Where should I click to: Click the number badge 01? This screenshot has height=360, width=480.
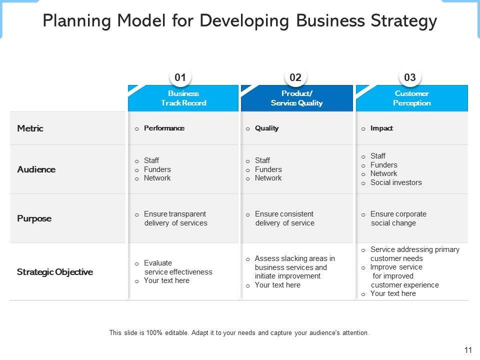coord(180,77)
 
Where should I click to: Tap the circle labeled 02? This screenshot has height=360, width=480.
coord(295,77)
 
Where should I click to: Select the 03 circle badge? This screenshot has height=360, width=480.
coord(410,77)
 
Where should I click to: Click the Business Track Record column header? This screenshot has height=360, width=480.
coord(183,98)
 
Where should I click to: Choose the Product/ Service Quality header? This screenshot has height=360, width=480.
coord(296,98)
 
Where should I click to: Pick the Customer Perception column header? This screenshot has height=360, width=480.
coord(411,98)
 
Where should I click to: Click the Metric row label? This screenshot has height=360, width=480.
coord(30,128)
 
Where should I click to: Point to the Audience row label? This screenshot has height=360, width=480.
coord(36,169)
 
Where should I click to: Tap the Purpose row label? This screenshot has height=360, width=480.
coord(34,218)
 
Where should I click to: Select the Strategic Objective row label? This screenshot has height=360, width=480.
coord(55,272)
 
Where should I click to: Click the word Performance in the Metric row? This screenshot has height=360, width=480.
coord(164,128)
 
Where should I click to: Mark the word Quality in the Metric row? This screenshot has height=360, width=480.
coord(266,128)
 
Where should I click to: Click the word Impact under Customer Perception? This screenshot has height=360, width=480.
coord(381,128)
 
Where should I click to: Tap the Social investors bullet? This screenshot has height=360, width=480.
coord(396,182)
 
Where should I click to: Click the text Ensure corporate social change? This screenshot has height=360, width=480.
coord(398,218)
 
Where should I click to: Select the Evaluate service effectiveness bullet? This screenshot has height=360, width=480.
coord(177,267)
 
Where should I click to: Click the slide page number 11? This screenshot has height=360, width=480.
coord(467,350)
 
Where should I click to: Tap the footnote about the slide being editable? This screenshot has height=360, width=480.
coord(239,332)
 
